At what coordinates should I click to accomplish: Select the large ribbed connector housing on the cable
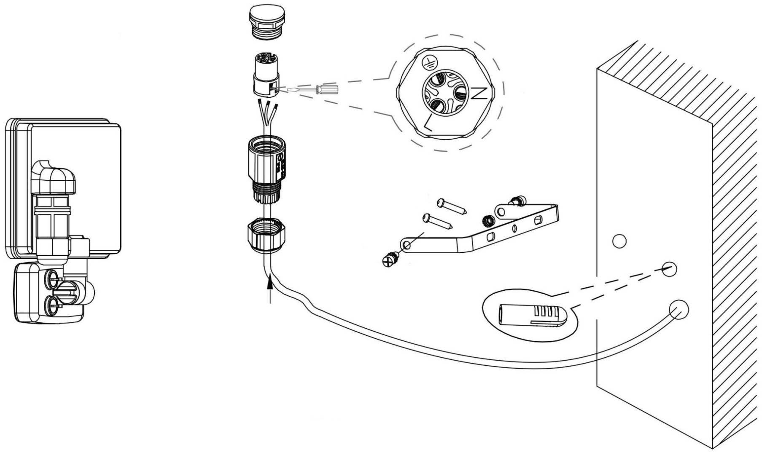pos(265,170)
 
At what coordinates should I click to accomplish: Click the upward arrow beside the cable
pos(270,289)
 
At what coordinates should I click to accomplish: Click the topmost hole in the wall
pos(619,241)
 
